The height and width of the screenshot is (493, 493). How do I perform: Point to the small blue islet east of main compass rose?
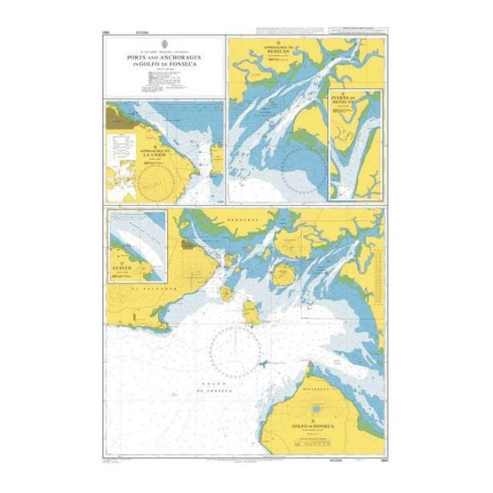264,363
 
